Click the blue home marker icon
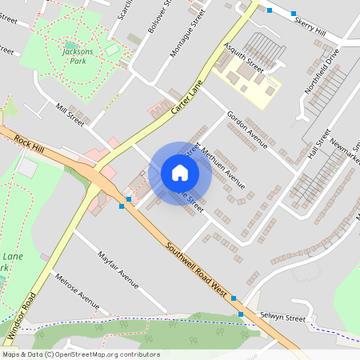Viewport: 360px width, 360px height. [180, 173]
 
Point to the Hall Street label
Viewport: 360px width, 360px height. [318, 145]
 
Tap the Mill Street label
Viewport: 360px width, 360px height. [70, 114]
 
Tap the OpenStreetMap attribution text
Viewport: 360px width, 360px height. [81, 354]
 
